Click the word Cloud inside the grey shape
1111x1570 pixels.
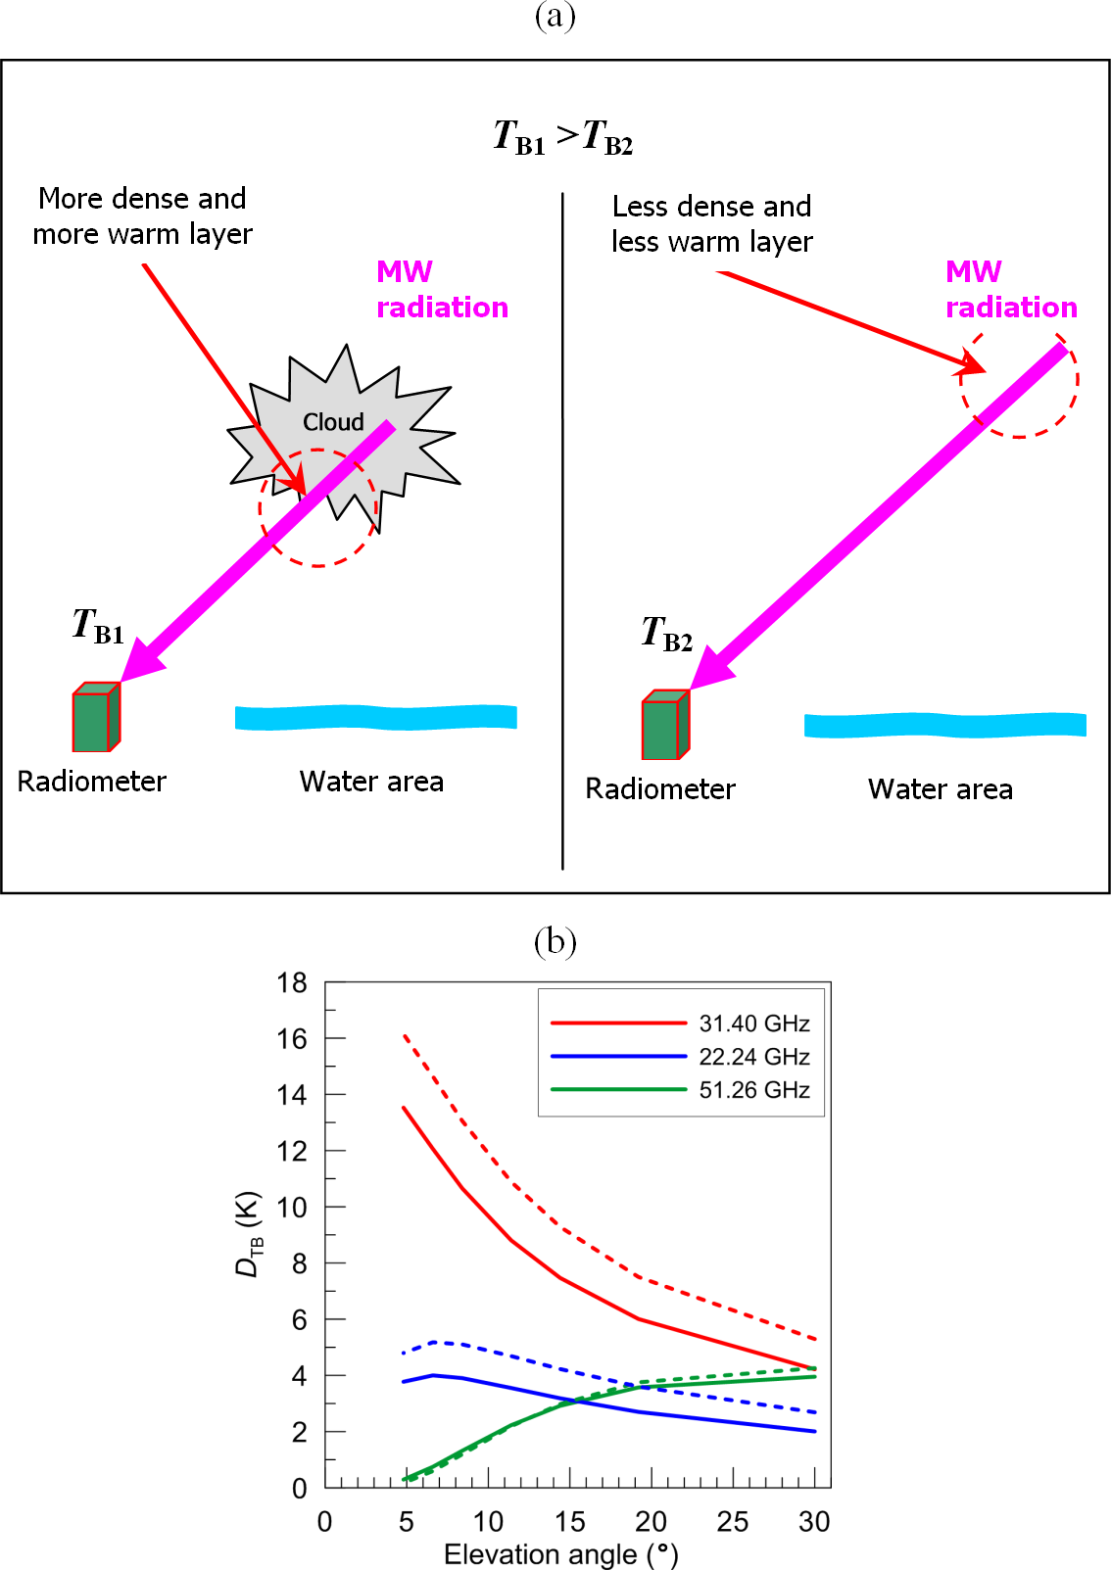pos(333,422)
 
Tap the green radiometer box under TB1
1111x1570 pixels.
pos(96,716)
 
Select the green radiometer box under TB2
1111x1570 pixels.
pos(666,724)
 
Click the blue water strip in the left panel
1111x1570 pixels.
pos(375,717)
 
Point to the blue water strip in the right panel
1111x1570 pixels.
pos(944,725)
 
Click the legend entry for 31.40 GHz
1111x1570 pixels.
pos(680,1023)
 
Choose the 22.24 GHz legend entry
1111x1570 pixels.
pos(680,1056)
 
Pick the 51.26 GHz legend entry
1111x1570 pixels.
pos(680,1089)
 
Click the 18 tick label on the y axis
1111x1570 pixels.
pos(292,982)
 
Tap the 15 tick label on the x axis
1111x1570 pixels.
pos(569,1522)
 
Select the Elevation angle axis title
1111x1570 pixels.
pos(560,1554)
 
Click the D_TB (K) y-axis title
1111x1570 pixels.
pos(248,1234)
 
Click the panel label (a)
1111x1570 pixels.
pos(555,16)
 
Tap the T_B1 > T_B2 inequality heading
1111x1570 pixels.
pos(563,137)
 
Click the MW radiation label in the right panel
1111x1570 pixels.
pos(1011,289)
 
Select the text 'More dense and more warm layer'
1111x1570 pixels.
pos(142,215)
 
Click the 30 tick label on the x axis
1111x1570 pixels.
pos(814,1522)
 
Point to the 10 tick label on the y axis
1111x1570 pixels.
pos(292,1207)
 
